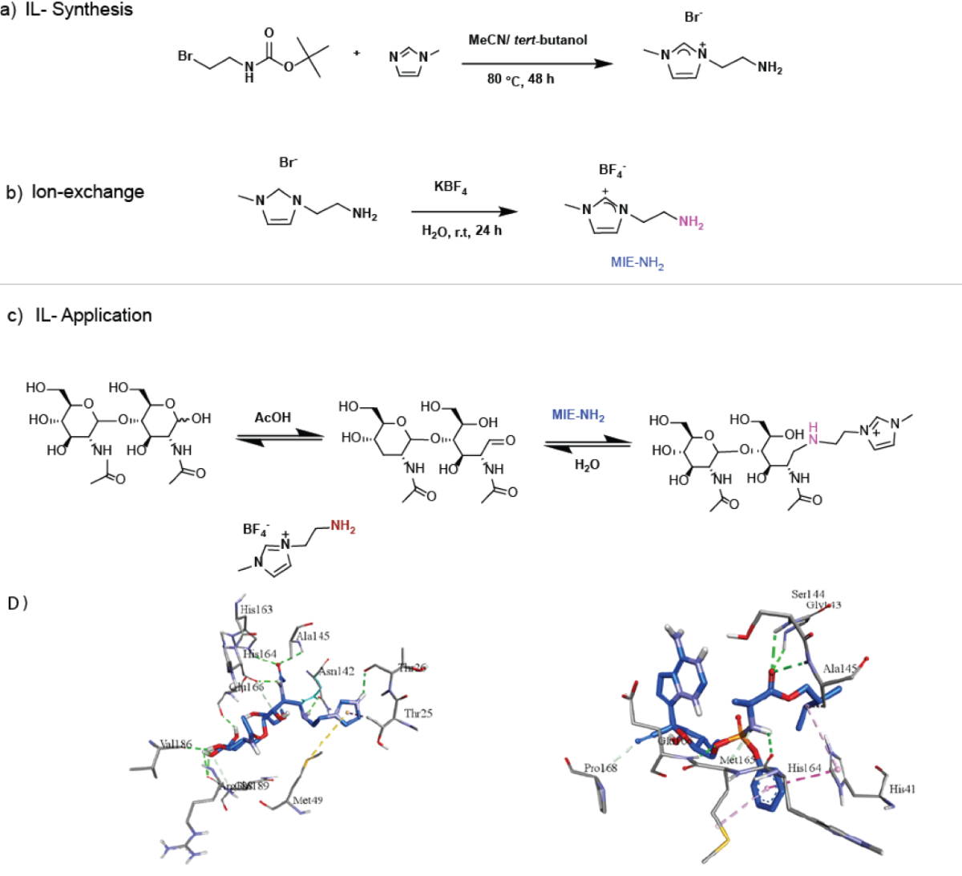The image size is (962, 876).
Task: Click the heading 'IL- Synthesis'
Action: [79, 10]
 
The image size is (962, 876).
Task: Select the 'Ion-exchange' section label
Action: [87, 192]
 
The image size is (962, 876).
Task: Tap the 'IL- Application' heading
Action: [93, 316]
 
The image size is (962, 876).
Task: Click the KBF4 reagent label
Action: [451, 188]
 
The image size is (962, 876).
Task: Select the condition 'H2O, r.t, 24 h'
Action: [462, 231]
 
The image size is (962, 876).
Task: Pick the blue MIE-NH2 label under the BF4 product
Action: [637, 262]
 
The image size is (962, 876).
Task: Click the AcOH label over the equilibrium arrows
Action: [273, 418]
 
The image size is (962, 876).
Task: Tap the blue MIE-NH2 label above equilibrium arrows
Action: [578, 415]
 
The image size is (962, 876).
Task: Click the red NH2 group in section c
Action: [342, 527]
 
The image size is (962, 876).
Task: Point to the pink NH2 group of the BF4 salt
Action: [691, 222]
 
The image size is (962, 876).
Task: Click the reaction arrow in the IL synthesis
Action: [537, 63]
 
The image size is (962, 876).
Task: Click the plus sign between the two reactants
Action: [357, 54]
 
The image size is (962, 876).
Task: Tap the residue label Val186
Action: [176, 745]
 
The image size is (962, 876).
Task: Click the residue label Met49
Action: [308, 800]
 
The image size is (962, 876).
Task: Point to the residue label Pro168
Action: [600, 768]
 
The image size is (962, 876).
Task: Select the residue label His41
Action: [902, 789]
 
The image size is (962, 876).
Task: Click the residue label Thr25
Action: [418, 713]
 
